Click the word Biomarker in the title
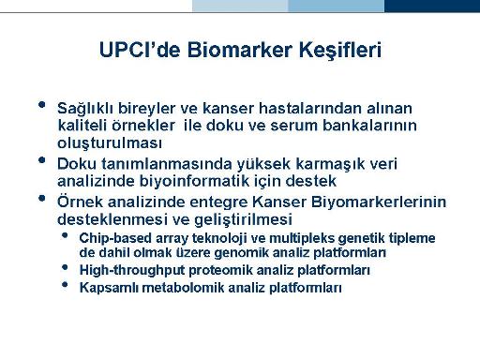point(240,50)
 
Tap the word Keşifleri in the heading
point(340,51)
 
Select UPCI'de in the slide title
point(140,50)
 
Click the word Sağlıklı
point(85,109)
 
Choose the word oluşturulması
point(110,143)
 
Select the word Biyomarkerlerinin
point(379,202)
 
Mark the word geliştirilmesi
point(243,219)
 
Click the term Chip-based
point(115,239)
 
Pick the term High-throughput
point(132,271)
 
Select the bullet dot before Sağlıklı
point(41,104)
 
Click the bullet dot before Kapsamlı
point(65,284)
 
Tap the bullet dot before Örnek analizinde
point(41,198)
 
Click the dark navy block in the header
point(432,6)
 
